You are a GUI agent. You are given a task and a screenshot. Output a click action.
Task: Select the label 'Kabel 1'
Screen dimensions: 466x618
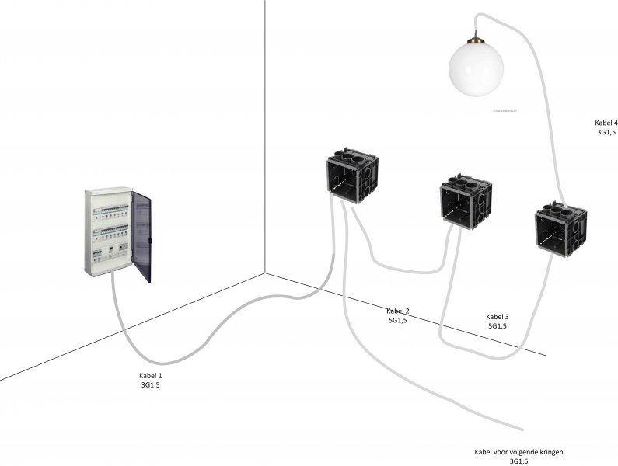click(151, 374)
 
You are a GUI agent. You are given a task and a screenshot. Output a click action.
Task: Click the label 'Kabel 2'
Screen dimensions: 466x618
click(399, 311)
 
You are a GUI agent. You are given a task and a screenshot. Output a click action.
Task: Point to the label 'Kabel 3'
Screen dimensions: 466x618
click(498, 316)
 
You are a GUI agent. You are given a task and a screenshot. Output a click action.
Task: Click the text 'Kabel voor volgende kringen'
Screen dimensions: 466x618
click(518, 451)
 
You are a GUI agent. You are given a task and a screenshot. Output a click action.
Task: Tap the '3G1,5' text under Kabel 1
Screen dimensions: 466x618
click(151, 384)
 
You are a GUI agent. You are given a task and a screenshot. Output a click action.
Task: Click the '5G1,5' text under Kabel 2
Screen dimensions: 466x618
click(399, 320)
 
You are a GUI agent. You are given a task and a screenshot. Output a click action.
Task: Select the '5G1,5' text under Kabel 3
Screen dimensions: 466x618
click(498, 326)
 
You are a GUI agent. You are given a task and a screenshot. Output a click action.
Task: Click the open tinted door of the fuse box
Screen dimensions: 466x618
click(141, 236)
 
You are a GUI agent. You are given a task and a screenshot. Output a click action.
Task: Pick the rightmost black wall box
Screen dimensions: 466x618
click(560, 229)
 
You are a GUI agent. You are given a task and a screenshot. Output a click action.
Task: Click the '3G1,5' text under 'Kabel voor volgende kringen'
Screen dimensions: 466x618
click(518, 461)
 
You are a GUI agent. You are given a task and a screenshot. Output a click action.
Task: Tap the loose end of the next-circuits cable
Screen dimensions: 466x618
click(518, 428)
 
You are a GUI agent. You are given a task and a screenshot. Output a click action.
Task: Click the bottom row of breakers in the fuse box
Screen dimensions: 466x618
click(109, 252)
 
